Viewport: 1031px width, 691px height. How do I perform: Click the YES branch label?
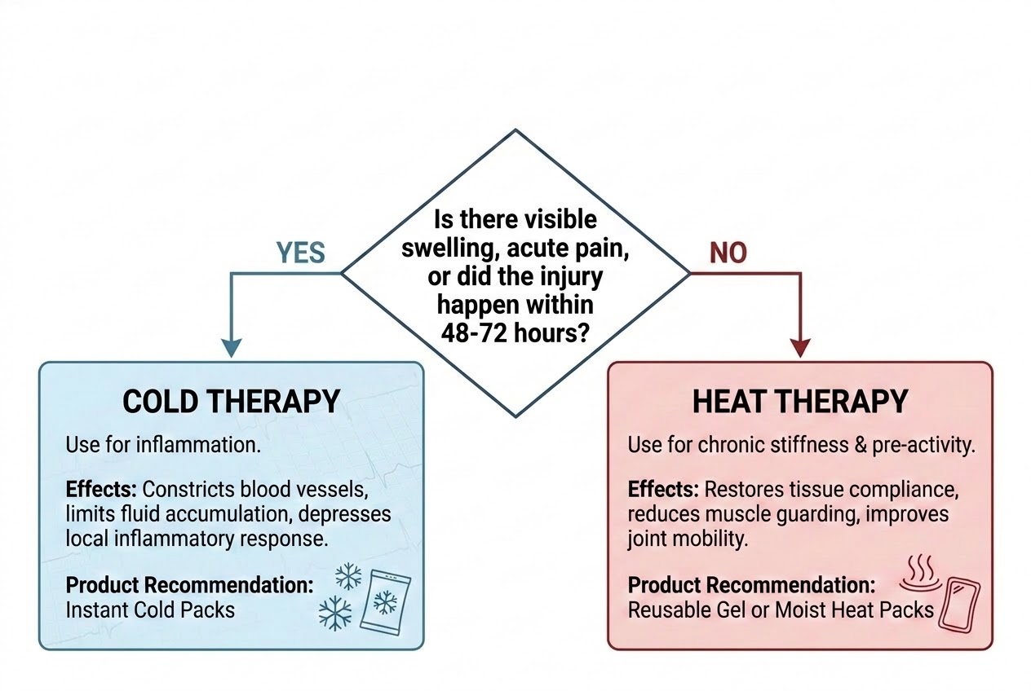pos(300,253)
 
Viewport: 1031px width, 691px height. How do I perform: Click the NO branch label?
pos(728,253)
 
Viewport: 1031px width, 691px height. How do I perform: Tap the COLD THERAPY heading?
pos(231,402)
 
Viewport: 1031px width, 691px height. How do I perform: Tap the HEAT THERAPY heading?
pos(800,402)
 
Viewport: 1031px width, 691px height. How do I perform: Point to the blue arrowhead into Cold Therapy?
pos(232,348)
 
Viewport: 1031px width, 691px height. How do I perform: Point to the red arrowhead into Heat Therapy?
pos(800,348)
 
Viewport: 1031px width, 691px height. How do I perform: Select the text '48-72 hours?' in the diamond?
pos(515,332)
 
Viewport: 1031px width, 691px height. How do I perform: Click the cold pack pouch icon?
pos(385,602)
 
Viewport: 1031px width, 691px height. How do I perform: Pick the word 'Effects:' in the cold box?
pos(101,489)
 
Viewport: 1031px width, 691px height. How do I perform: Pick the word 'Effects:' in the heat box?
pos(663,489)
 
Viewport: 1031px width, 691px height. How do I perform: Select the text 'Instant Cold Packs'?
pos(150,610)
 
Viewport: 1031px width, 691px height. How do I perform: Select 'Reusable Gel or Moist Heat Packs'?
pos(781,610)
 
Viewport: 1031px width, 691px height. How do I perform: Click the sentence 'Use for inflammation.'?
pos(163,445)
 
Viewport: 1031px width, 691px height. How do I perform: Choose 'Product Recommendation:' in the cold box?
pos(189,585)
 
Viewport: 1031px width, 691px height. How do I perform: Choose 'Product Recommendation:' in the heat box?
pos(751,585)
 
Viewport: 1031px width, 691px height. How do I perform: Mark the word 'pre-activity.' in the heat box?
pos(924,445)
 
